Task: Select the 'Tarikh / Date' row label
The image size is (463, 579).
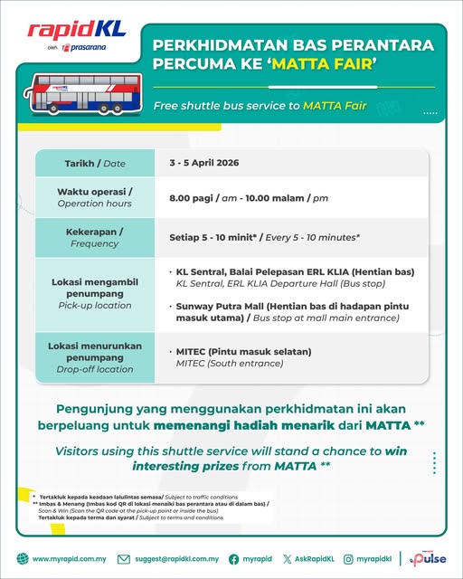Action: (95, 163)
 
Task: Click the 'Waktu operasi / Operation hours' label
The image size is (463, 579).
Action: (95, 197)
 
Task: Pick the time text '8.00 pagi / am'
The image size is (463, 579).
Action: (208, 197)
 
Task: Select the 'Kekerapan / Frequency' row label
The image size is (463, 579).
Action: (95, 237)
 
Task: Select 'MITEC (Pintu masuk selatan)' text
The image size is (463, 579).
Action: (243, 351)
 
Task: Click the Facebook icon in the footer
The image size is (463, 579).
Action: (233, 559)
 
